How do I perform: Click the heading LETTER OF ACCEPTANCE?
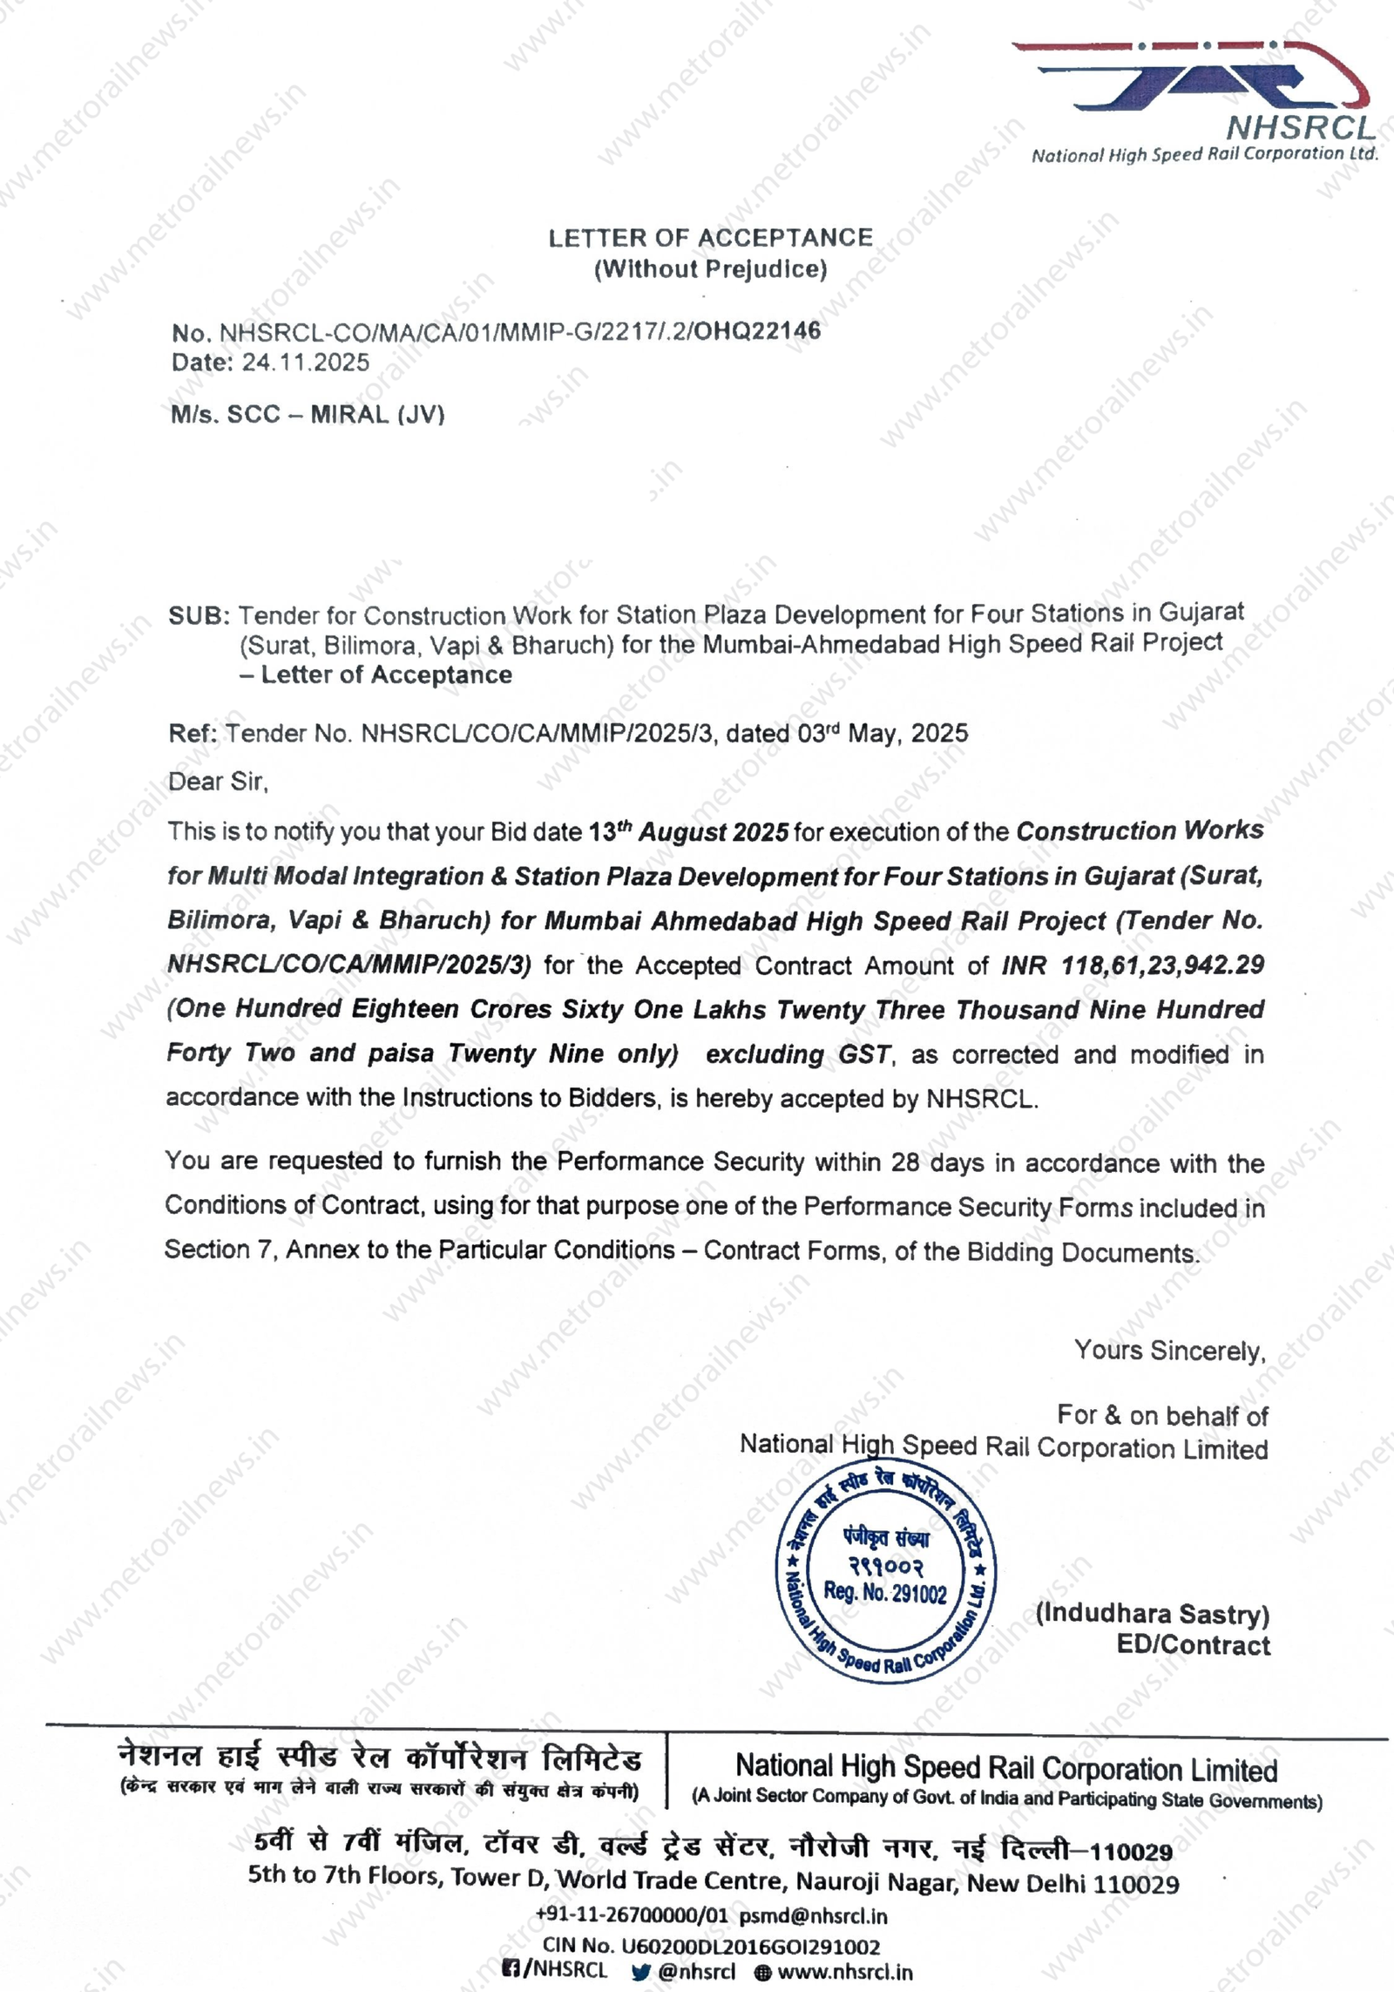pyautogui.click(x=710, y=238)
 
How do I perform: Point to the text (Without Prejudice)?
pyautogui.click(x=710, y=269)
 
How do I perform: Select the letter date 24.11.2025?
pyautogui.click(x=305, y=362)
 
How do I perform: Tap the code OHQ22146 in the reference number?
pyautogui.click(x=757, y=330)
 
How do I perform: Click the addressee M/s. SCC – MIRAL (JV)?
pyautogui.click(x=308, y=414)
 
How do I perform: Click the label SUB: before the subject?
pyautogui.click(x=199, y=616)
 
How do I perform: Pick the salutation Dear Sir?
pyautogui.click(x=218, y=782)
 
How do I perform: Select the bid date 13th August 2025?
pyautogui.click(x=688, y=832)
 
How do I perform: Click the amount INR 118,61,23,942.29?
pyautogui.click(x=1133, y=966)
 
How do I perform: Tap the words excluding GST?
pyautogui.click(x=798, y=1054)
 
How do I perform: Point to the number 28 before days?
pyautogui.click(x=905, y=1162)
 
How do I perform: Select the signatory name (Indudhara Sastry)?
pyautogui.click(x=1152, y=1614)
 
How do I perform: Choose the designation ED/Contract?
pyautogui.click(x=1193, y=1645)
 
